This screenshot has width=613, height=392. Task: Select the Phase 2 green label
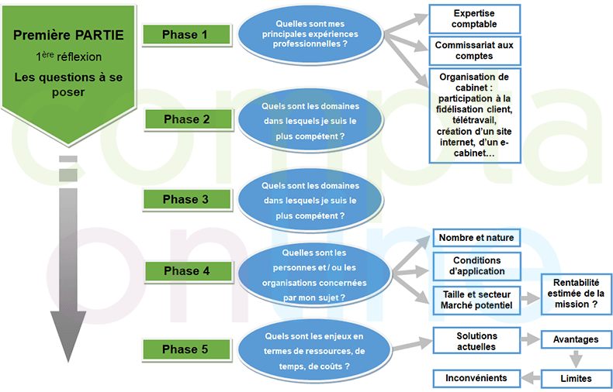point(186,119)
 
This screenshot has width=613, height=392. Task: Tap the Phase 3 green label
point(185,199)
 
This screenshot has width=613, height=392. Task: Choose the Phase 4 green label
point(185,271)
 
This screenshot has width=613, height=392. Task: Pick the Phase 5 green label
point(185,349)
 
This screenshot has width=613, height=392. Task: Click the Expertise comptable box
point(474,19)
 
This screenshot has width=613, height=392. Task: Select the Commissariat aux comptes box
point(474,51)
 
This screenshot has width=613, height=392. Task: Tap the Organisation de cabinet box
point(474,115)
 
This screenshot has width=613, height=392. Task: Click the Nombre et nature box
point(476,237)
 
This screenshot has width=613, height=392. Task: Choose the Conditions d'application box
point(476,266)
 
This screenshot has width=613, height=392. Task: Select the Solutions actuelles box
point(476,340)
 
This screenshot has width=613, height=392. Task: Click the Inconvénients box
point(476,378)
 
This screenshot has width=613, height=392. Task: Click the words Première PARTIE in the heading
point(69,35)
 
